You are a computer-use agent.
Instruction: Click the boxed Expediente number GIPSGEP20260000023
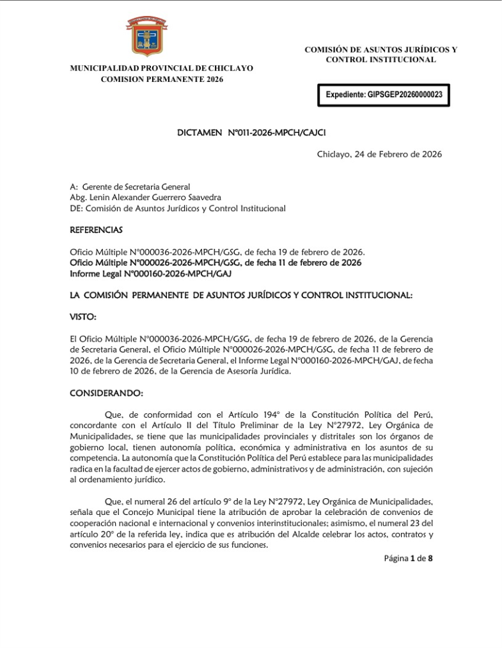click(384, 94)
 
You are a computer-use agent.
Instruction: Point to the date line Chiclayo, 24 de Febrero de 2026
click(379, 154)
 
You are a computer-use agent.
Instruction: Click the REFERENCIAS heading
click(96, 230)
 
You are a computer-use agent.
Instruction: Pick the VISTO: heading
click(83, 317)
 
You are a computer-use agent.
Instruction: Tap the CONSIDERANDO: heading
click(106, 392)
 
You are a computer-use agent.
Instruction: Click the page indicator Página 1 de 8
click(409, 558)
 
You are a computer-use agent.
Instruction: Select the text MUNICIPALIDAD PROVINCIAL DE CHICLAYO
click(161, 68)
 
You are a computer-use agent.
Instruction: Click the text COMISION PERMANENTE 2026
click(162, 79)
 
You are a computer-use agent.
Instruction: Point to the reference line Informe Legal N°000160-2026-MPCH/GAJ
click(150, 274)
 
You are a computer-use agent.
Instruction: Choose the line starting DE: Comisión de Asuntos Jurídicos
click(177, 209)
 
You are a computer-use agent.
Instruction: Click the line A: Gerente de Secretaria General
click(130, 187)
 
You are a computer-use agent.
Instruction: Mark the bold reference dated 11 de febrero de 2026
click(216, 263)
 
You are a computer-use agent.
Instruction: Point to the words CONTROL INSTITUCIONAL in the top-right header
click(381, 59)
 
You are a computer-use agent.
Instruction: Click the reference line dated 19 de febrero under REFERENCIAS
click(226, 252)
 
